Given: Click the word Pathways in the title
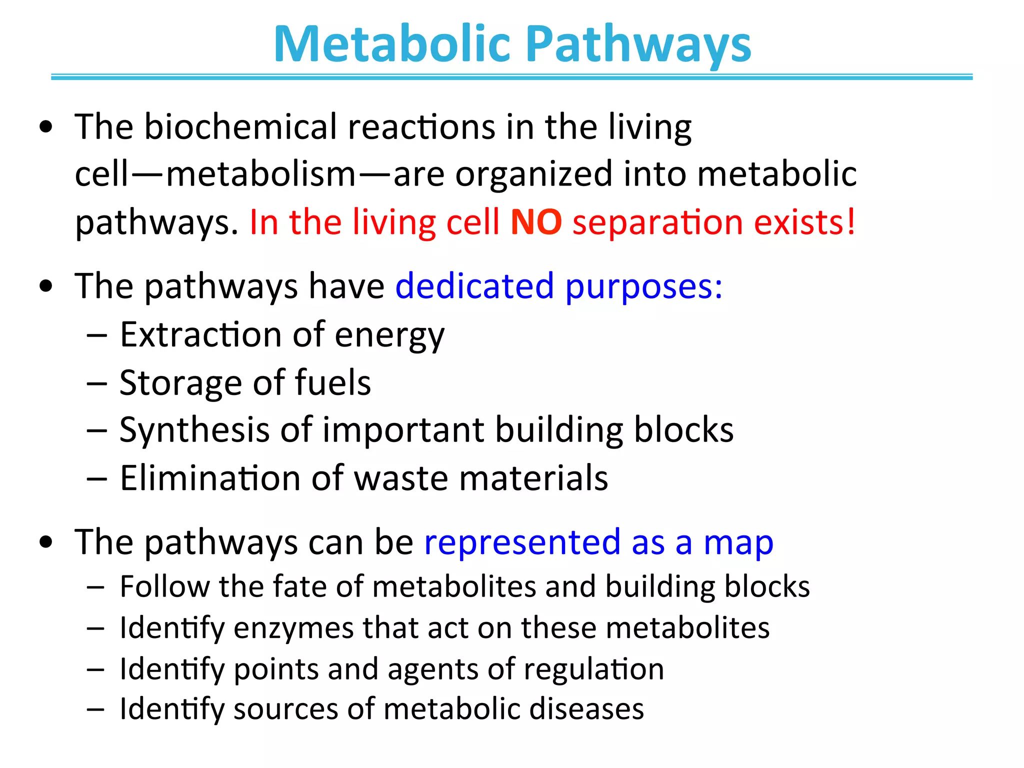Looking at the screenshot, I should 638,45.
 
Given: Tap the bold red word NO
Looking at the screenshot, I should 536,222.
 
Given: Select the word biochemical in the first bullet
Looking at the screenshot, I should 240,127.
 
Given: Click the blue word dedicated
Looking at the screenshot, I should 474,286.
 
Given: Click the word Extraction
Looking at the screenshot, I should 200,334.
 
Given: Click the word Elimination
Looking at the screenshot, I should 210,478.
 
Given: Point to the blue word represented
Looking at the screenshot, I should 522,542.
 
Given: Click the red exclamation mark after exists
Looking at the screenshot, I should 850,222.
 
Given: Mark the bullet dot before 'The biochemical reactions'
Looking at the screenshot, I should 46,127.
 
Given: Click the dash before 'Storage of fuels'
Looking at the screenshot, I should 96,383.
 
